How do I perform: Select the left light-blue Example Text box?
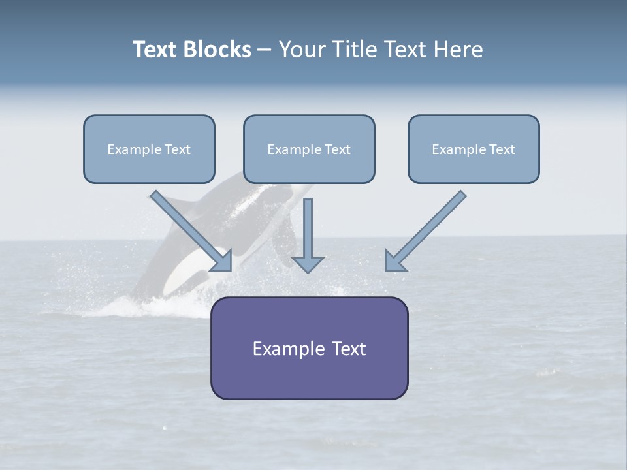(x=149, y=149)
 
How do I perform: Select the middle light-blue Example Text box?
(x=309, y=149)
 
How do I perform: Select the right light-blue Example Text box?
(x=474, y=149)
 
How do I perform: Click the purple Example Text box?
(x=309, y=348)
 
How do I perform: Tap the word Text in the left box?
(x=177, y=149)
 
